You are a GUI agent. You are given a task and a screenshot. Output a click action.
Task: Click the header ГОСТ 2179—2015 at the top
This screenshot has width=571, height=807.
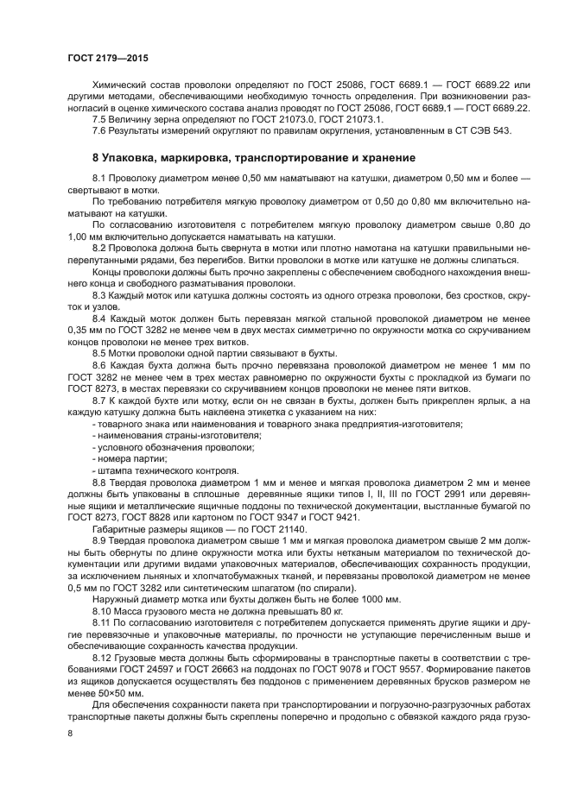click(x=107, y=59)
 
